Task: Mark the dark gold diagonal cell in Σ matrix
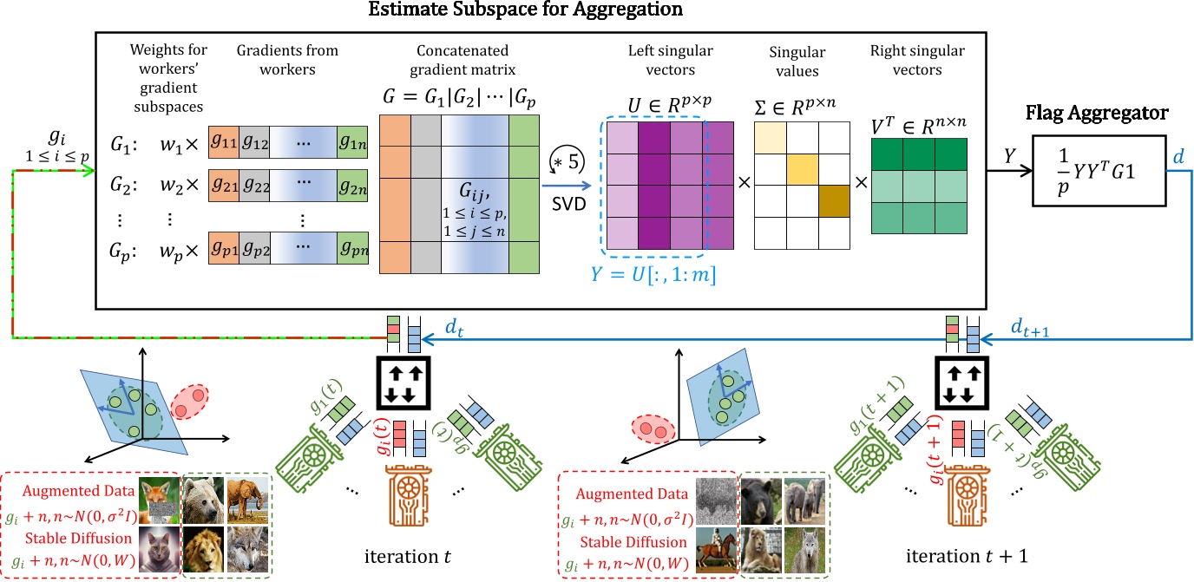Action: point(832,200)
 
